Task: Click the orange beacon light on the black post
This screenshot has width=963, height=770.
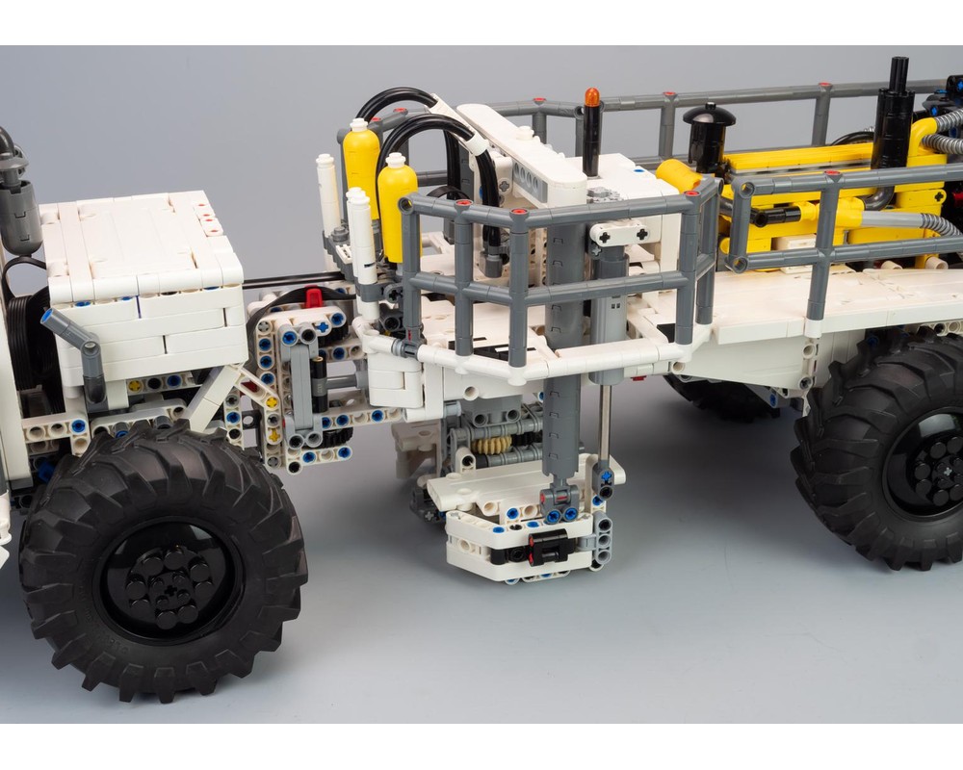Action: click(591, 97)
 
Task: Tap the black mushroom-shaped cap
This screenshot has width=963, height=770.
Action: click(709, 116)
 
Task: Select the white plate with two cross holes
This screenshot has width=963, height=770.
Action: click(618, 232)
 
